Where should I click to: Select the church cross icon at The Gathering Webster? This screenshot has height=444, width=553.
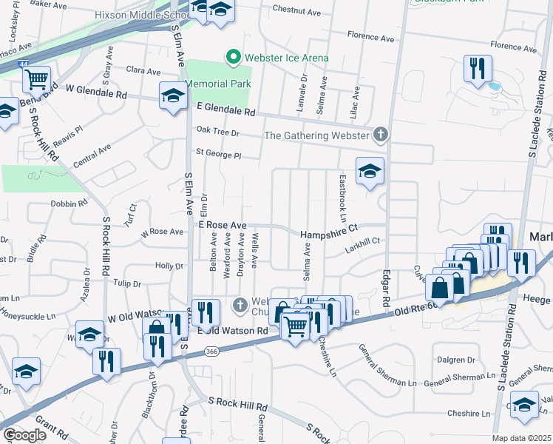[x=380, y=135]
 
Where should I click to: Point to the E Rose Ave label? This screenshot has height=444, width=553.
[x=221, y=224]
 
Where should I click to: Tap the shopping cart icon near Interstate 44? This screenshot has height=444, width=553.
[x=36, y=78]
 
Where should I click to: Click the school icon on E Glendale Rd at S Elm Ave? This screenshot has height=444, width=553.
[x=173, y=95]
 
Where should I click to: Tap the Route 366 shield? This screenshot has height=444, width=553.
[x=213, y=350]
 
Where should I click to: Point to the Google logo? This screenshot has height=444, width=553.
[x=24, y=435]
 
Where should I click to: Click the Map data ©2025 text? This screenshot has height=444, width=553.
[x=521, y=438]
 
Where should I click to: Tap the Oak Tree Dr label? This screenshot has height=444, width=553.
[x=218, y=132]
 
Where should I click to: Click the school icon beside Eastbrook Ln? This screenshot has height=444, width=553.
[x=369, y=171]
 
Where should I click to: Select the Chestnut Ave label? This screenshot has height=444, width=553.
[x=296, y=12]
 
